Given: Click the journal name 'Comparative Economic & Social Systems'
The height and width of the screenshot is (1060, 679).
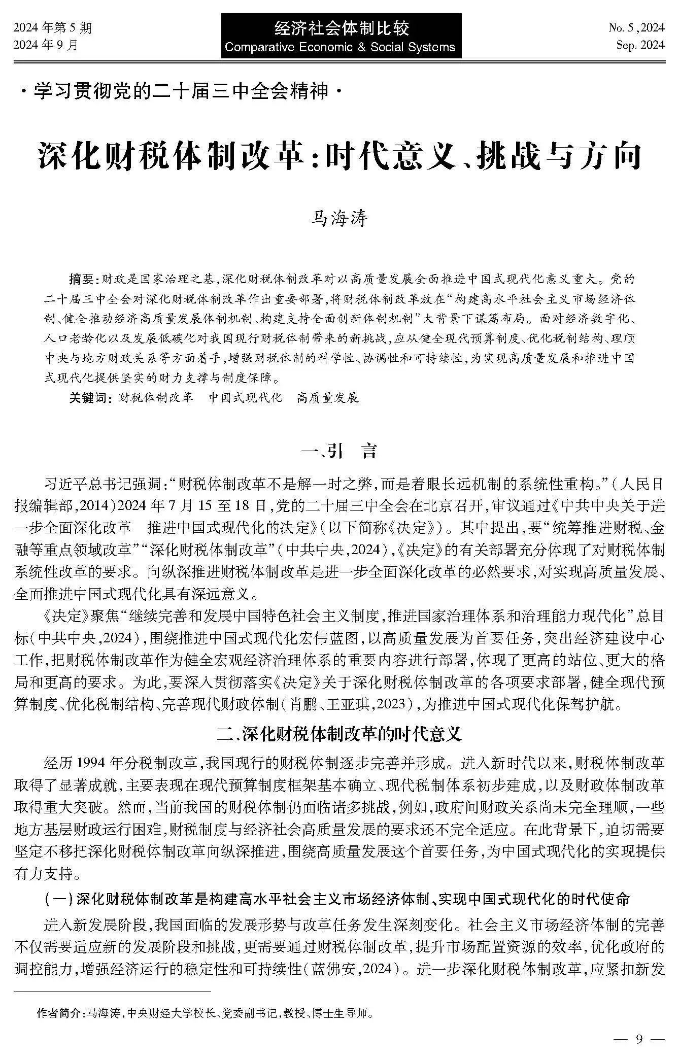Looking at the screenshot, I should point(339,48).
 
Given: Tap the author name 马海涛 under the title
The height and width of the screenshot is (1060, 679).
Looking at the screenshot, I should point(338,219).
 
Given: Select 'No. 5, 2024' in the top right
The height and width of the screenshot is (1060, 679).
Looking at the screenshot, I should point(636,27).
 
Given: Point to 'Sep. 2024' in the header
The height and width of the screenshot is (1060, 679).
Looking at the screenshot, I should point(640,45).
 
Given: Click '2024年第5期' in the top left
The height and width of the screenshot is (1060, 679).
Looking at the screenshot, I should point(53,28).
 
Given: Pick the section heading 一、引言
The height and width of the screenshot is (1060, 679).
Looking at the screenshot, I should point(338,451).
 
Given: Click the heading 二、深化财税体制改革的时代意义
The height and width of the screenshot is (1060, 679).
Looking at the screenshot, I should point(338,734).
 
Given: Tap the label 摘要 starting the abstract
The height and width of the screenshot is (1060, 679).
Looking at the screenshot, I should point(81,279).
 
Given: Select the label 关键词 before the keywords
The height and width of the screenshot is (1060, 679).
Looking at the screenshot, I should point(89,397).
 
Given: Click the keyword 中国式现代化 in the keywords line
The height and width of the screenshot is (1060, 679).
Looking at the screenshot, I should point(246,397).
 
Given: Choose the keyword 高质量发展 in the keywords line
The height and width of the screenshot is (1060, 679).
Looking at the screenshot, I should point(328,397).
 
